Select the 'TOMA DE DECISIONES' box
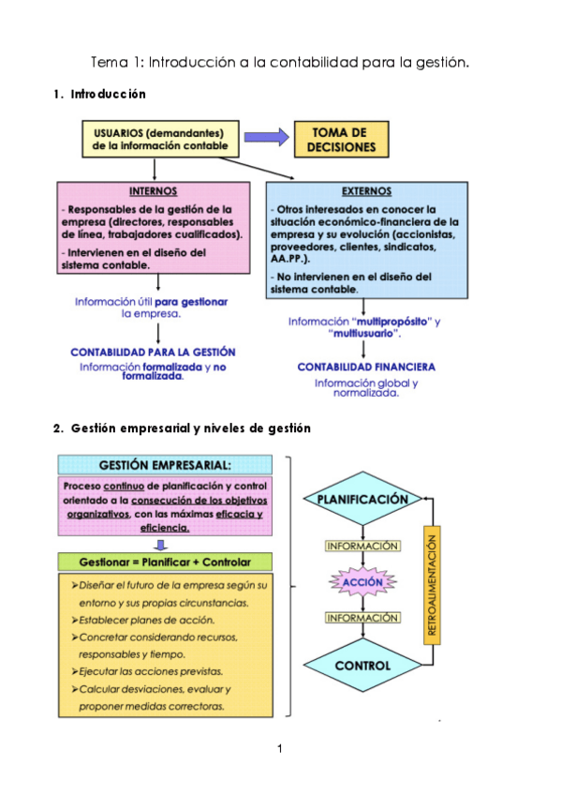coord(341,140)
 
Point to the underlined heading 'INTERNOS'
coord(153,190)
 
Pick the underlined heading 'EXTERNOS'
coord(366,190)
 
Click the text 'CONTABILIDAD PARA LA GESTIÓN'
coord(153,352)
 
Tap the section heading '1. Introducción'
coord(99,95)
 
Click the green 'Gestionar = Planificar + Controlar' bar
coord(167,562)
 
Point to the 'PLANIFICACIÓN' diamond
coord(362,500)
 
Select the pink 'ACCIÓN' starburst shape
coord(362,582)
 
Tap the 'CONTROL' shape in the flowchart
coord(362,666)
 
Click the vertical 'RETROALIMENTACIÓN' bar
coord(432,584)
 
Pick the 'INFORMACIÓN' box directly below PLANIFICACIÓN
coord(362,546)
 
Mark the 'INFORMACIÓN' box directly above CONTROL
coord(362,618)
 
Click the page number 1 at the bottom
coord(279,748)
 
